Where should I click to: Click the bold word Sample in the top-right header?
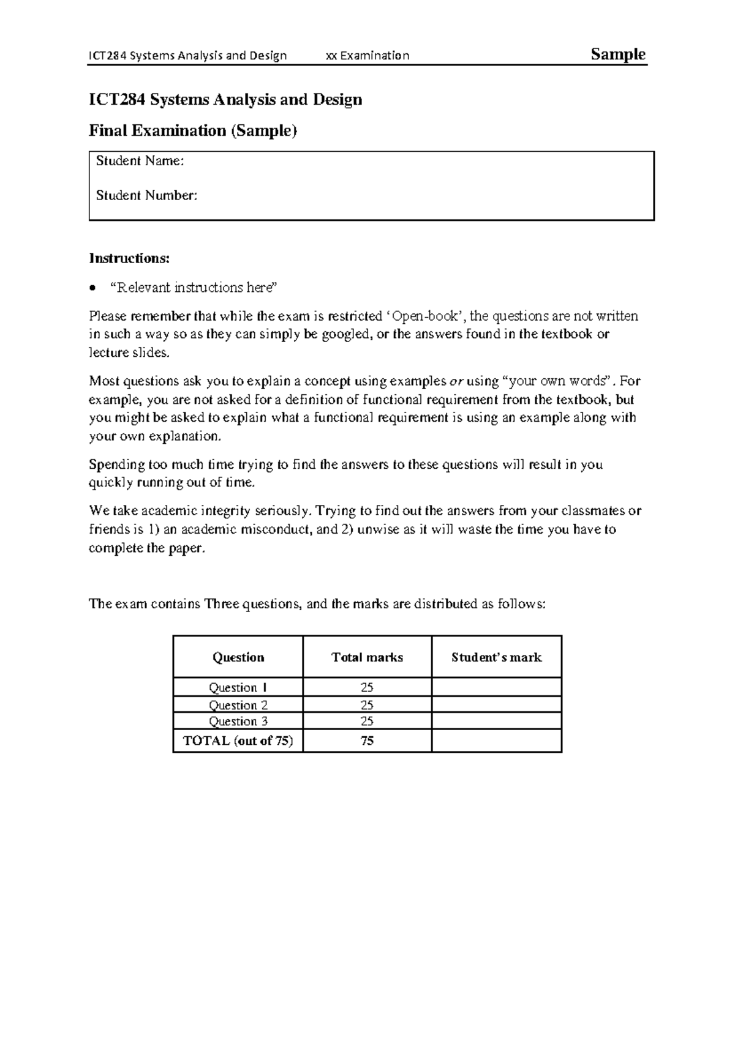[617, 54]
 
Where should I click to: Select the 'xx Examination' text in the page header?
[367, 56]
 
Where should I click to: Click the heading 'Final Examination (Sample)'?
[192, 130]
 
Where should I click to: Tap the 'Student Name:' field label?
[140, 161]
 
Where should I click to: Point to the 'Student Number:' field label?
[146, 195]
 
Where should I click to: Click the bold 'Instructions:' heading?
[129, 258]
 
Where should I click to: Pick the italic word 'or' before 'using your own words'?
[456, 381]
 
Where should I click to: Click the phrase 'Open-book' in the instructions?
[425, 316]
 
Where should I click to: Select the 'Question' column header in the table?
[238, 657]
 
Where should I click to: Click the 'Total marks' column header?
[367, 657]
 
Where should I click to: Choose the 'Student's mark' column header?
[496, 657]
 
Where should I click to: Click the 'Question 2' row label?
[238, 705]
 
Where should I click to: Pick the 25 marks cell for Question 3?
[367, 721]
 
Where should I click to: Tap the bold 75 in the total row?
[367, 741]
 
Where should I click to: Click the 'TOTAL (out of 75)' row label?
[238, 741]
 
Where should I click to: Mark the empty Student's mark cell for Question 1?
[496, 687]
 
